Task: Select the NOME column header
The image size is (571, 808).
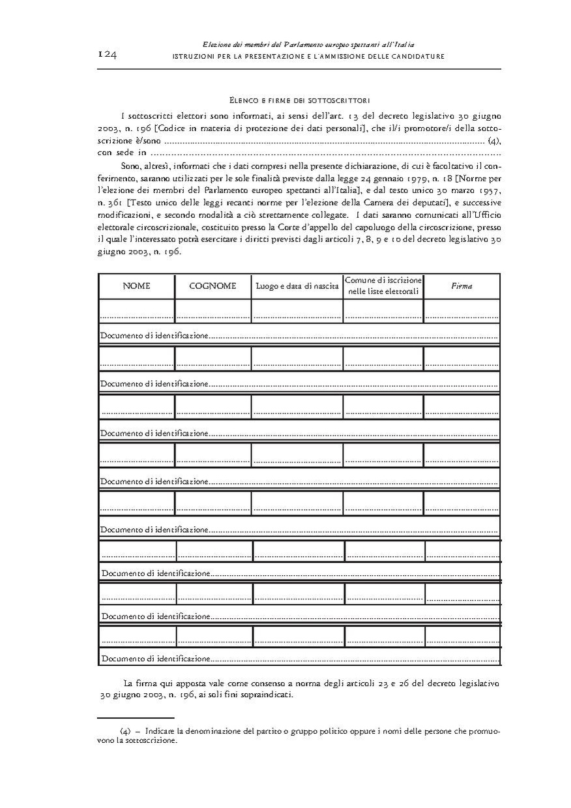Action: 136,286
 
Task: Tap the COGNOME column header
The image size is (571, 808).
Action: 212,286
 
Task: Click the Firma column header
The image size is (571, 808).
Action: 461,286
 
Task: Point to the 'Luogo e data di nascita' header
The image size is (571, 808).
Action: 297,287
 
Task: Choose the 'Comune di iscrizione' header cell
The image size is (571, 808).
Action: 383,286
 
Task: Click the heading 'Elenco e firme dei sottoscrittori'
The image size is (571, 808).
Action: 300,100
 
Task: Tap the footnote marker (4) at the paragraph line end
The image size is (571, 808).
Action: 493,140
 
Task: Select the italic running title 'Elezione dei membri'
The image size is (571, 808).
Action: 309,44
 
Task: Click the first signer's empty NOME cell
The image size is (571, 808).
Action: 137,310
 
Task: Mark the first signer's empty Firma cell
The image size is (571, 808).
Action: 461,310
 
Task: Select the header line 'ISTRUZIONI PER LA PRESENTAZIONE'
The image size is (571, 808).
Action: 308,57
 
